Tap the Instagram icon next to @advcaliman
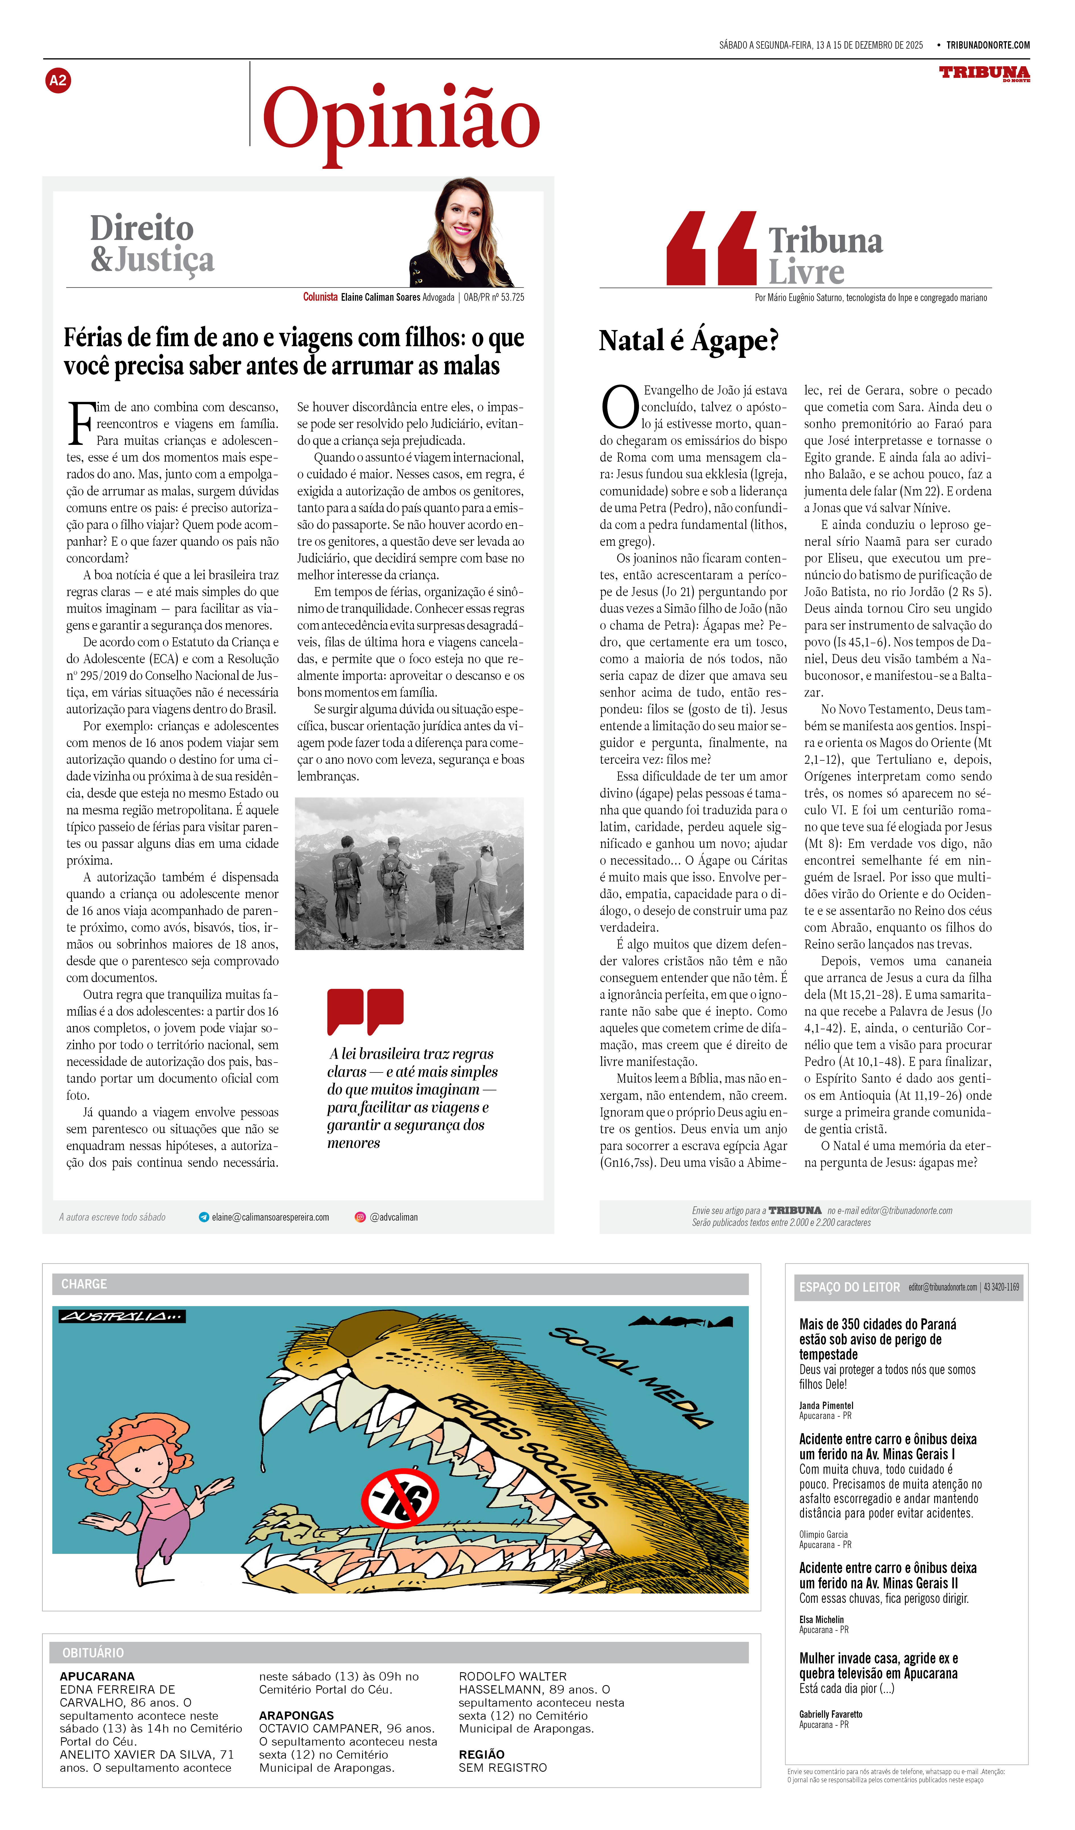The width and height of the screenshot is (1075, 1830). [359, 1217]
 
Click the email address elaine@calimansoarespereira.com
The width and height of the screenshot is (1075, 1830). [270, 1217]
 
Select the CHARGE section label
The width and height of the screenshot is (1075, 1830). [84, 1284]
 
